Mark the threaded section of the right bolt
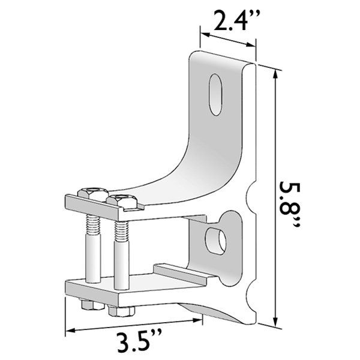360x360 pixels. [120, 232]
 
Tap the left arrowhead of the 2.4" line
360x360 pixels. [202, 35]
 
